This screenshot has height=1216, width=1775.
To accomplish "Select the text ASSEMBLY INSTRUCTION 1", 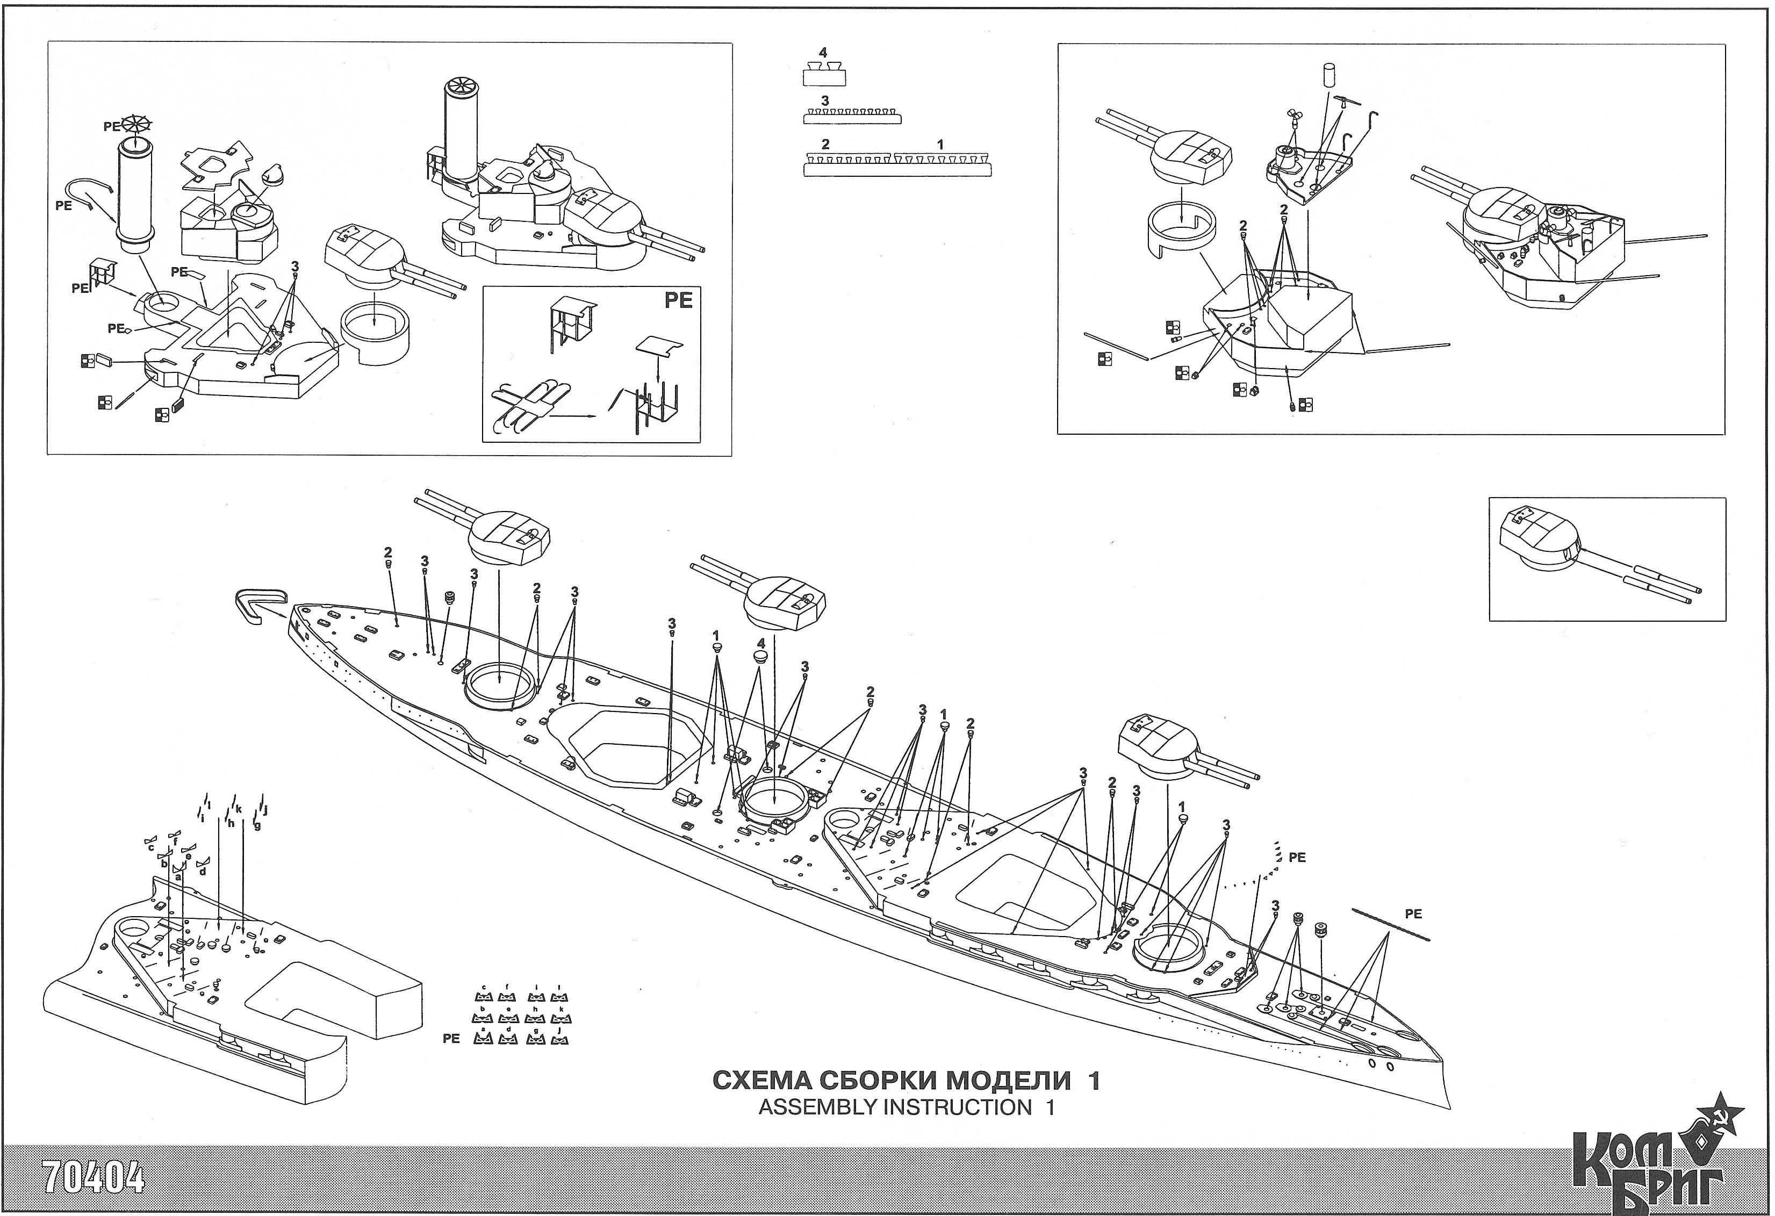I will pos(906,1107).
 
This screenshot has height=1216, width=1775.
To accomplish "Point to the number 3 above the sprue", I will pos(824,101).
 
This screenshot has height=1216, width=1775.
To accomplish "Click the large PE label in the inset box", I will pos(678,301).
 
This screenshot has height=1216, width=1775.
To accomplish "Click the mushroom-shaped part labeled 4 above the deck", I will pos(760,658).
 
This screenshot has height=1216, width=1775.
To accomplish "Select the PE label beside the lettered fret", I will pos(451,1038).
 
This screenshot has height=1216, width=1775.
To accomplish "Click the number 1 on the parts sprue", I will pos(940,143).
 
